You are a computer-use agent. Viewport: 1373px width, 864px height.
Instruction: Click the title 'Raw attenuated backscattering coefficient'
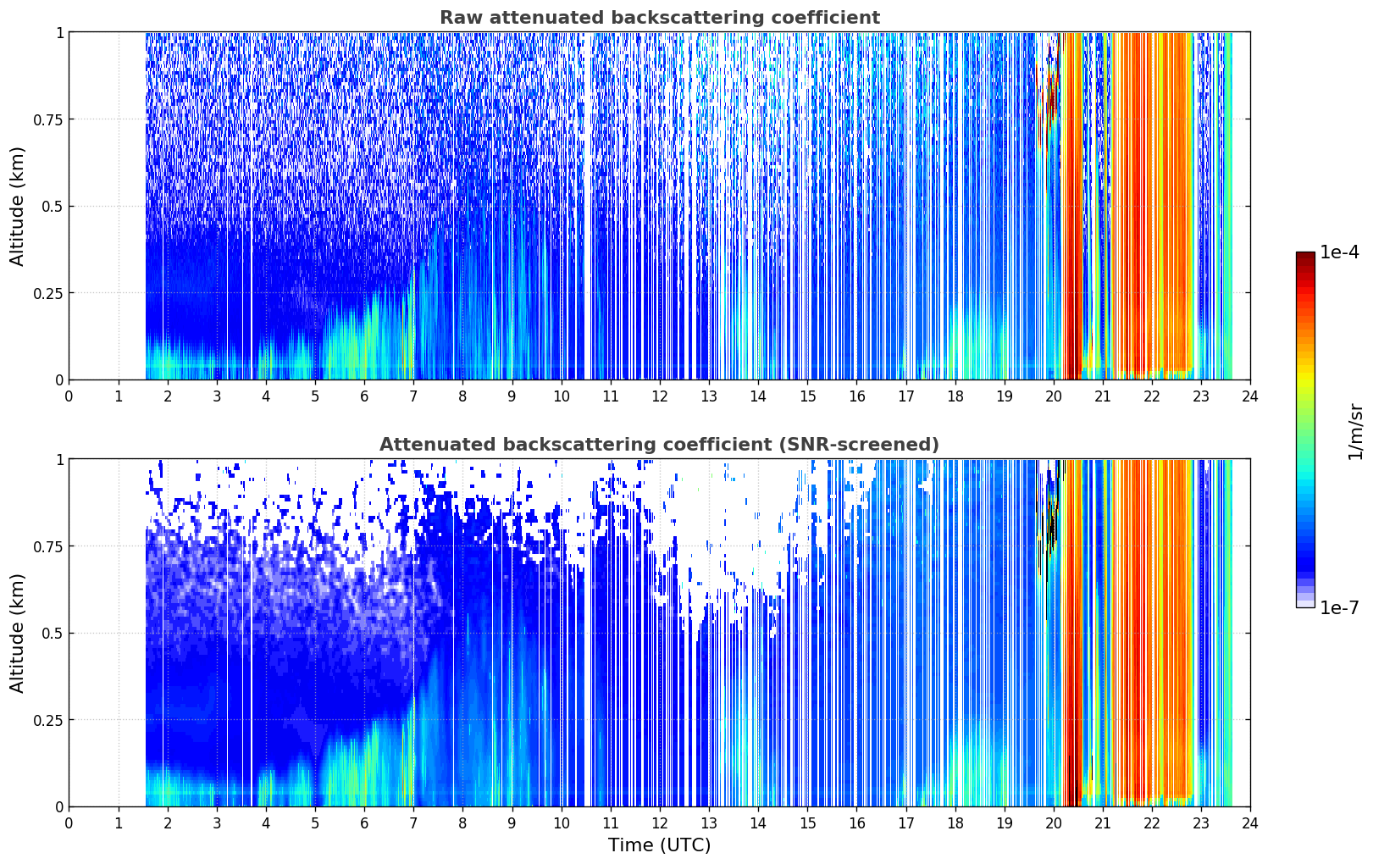tap(660, 17)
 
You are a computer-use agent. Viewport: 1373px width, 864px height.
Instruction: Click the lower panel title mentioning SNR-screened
tap(660, 444)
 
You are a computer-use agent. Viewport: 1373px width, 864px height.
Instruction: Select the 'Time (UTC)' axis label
tap(660, 845)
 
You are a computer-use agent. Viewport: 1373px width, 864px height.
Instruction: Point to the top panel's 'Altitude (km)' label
tap(17, 207)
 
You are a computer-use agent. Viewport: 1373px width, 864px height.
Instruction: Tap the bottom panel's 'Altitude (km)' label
tap(17, 634)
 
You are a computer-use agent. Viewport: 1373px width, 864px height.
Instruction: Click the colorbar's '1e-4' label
tap(1339, 252)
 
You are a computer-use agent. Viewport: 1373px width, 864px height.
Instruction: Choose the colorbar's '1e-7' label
tap(1339, 608)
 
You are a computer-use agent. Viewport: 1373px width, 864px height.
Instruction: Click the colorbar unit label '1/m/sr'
tap(1354, 431)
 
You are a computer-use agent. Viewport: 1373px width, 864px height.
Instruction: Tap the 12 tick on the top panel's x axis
tap(660, 396)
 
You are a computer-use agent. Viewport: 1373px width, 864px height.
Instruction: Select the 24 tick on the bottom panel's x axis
tap(1250, 823)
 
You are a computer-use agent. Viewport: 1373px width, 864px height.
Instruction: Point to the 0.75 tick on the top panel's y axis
tap(48, 119)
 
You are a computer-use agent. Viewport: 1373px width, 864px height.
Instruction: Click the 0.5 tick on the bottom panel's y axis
tap(53, 634)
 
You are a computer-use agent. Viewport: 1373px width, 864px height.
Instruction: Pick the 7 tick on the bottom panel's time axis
tap(413, 823)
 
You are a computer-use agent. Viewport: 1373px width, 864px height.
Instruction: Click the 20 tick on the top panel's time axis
tap(1053, 396)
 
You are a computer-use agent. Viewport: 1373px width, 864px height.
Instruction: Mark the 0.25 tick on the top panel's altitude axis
tap(48, 294)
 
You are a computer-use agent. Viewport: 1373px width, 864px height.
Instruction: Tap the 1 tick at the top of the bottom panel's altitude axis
tap(60, 460)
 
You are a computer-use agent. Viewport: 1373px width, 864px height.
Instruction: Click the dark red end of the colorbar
tap(1305, 256)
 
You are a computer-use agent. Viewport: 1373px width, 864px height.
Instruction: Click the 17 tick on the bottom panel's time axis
tap(905, 823)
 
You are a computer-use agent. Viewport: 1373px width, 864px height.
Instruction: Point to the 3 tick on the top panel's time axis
tap(216, 396)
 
